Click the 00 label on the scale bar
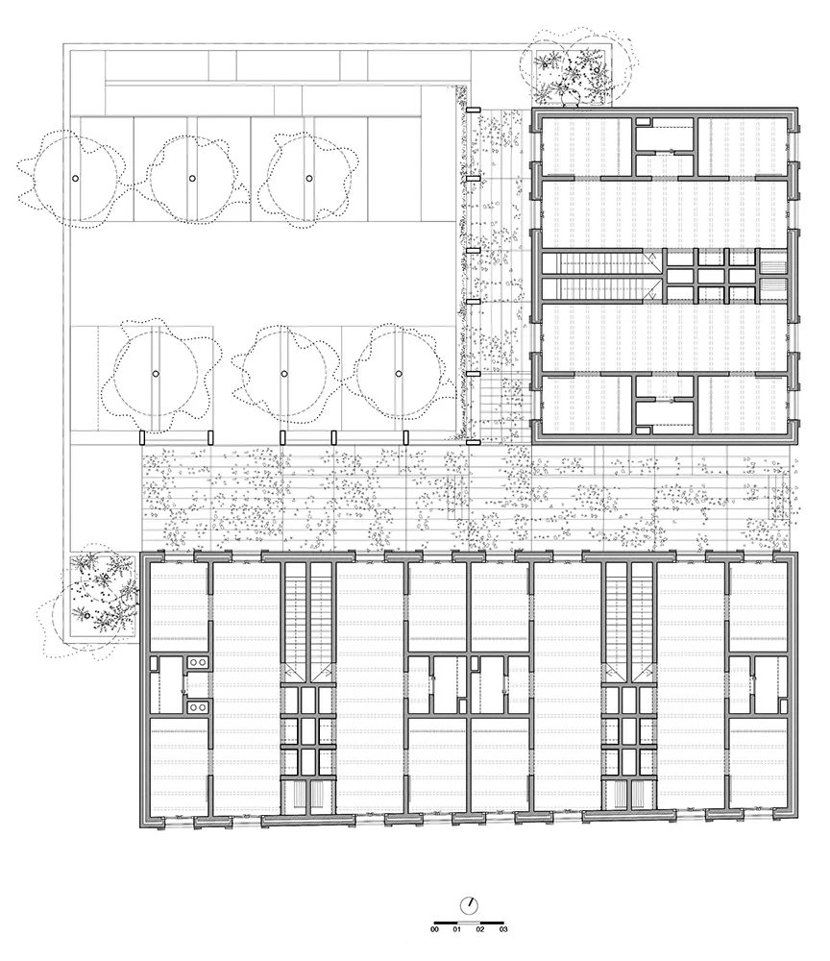coord(434,929)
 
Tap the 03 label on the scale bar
coord(503,929)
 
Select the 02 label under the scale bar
coord(480,929)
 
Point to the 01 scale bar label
coord(457,929)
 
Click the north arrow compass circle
coord(469,905)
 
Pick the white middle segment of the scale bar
coord(469,923)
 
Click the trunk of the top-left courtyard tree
coord(75,179)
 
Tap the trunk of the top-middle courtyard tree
coord(192,179)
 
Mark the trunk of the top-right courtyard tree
coord(309,179)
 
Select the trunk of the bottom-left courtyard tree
coord(156,373)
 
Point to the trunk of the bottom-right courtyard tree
coord(398,373)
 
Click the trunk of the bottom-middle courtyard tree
coord(284,373)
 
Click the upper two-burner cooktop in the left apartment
coord(197,662)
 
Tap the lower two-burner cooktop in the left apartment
coord(197,707)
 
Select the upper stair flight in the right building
coord(599,264)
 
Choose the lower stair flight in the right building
coord(599,288)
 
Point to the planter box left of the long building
coord(102,597)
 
